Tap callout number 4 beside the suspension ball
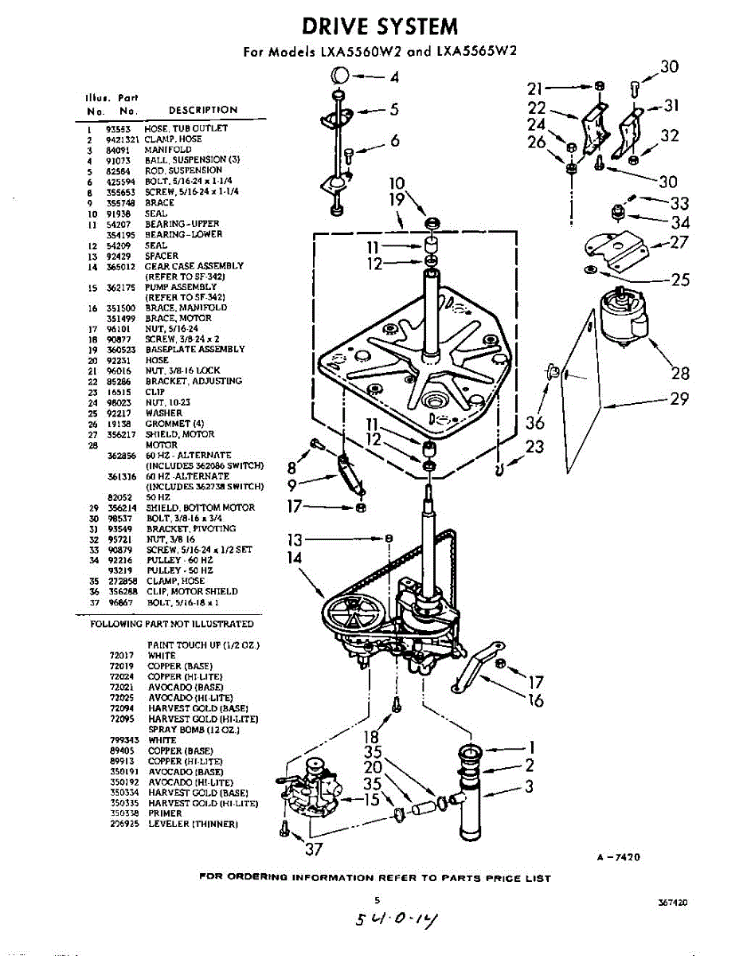click(x=394, y=77)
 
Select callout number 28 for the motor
click(x=680, y=372)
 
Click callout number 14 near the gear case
click(x=295, y=558)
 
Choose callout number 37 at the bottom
click(x=314, y=848)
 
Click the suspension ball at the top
click(x=339, y=76)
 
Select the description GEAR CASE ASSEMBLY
click(x=194, y=266)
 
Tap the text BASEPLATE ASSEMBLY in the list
click(x=195, y=350)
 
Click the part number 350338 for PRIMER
click(x=123, y=813)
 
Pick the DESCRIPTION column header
click(x=203, y=110)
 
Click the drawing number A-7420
click(x=618, y=857)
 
